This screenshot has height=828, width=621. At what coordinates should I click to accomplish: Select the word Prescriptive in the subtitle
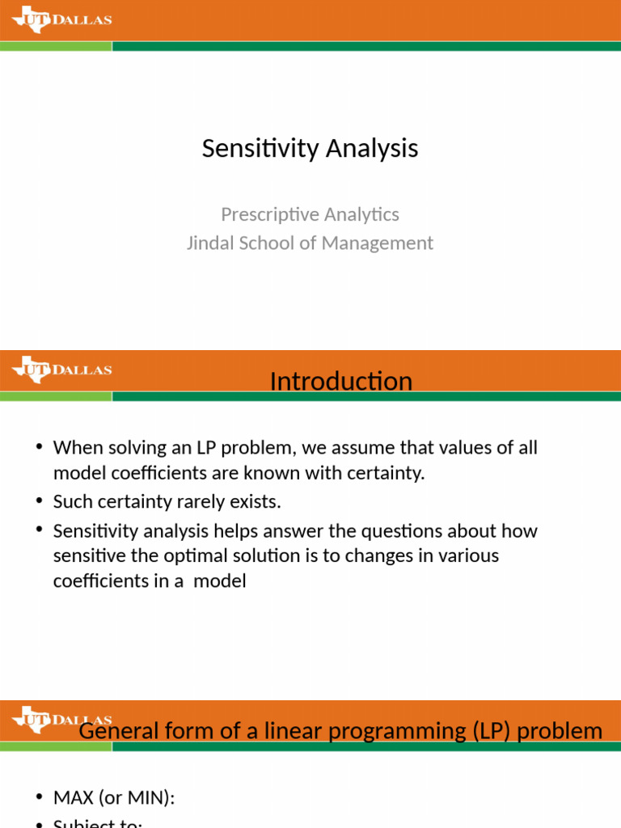coord(264,214)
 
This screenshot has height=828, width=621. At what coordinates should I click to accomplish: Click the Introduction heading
coord(340,381)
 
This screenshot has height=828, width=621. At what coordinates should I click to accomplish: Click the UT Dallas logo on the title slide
coord(61,19)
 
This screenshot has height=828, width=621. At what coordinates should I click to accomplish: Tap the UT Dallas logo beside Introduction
coord(61,370)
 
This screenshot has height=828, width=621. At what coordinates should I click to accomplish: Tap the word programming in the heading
coord(382,731)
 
